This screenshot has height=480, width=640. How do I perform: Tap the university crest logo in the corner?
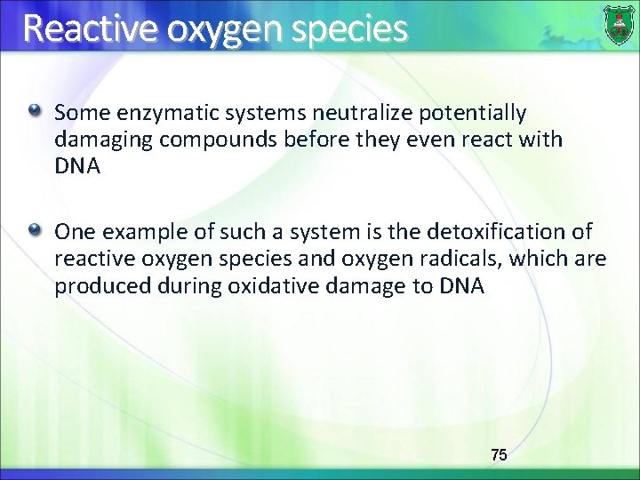(619, 24)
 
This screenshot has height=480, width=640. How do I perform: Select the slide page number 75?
(499, 454)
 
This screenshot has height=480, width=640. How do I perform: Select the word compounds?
(196, 140)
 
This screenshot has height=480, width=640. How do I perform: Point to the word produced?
(95, 287)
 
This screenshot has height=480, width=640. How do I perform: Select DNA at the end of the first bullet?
(76, 166)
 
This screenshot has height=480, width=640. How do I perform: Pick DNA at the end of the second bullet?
(462, 286)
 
